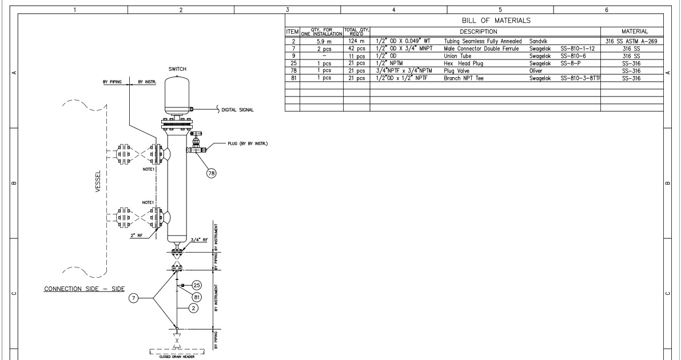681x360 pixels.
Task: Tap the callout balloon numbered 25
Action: (x=197, y=285)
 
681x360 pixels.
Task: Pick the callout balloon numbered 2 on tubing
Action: (x=194, y=308)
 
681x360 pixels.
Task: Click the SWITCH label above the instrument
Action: (x=177, y=69)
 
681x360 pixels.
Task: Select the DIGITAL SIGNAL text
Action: (x=237, y=110)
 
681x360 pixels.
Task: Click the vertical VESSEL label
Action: (x=98, y=182)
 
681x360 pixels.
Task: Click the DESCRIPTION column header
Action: (x=484, y=31)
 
